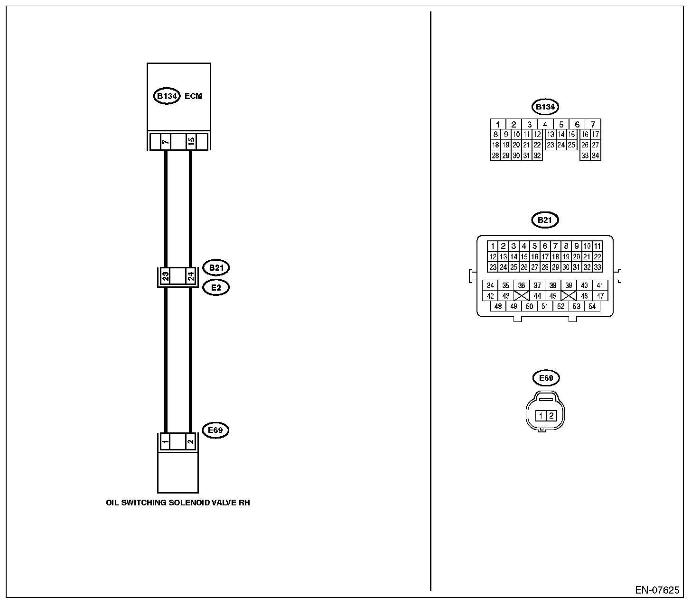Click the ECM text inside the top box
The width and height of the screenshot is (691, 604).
(x=193, y=96)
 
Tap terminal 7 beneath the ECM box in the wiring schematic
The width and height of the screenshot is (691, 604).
(x=166, y=142)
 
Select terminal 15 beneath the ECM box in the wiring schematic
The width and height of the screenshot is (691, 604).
(x=190, y=142)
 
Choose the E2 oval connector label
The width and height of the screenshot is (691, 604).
(x=216, y=287)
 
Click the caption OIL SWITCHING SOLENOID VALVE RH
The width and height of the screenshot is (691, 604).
(x=178, y=503)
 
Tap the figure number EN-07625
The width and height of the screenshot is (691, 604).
(x=657, y=590)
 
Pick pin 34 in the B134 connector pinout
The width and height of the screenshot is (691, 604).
(x=596, y=156)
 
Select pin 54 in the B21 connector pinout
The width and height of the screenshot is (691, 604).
(x=592, y=306)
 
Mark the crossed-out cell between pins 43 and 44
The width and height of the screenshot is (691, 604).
(x=522, y=296)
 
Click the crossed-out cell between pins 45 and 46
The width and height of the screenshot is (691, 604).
(x=569, y=296)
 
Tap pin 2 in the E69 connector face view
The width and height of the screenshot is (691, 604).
(x=551, y=416)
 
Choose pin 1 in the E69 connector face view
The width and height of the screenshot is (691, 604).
(x=541, y=416)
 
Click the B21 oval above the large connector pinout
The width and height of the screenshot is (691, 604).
(x=545, y=220)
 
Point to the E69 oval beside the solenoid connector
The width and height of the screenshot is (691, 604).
(x=215, y=430)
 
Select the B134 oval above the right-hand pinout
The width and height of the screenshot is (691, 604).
(x=545, y=107)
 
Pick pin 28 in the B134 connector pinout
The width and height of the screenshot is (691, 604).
(x=495, y=156)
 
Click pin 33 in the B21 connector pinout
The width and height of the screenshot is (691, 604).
(x=598, y=267)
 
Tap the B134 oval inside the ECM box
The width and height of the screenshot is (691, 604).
(x=167, y=96)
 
